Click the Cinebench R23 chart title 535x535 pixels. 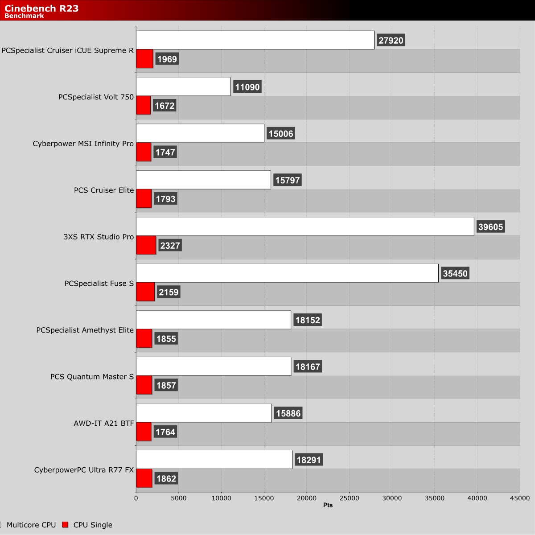point(41,8)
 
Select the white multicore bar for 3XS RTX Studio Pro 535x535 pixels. point(305,226)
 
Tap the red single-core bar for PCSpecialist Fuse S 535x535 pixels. point(145,292)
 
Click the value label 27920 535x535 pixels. point(391,40)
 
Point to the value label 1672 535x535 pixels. point(165,106)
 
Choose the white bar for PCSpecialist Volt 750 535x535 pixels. point(184,86)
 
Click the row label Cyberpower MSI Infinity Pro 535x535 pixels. point(83,144)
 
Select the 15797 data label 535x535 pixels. point(288,180)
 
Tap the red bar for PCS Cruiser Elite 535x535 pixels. point(144,198)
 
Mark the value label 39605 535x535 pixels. point(490,227)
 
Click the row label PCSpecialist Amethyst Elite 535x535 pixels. point(85,330)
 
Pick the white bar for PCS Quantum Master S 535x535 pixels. point(214,366)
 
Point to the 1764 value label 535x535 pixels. point(165,432)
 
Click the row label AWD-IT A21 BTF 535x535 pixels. point(104,424)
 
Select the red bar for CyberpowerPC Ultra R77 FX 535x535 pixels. point(144,478)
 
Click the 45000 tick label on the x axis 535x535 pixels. point(520,498)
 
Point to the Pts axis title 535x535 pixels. point(328,505)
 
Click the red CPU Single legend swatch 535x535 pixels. point(65,524)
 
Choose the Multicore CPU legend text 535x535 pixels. point(31,525)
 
